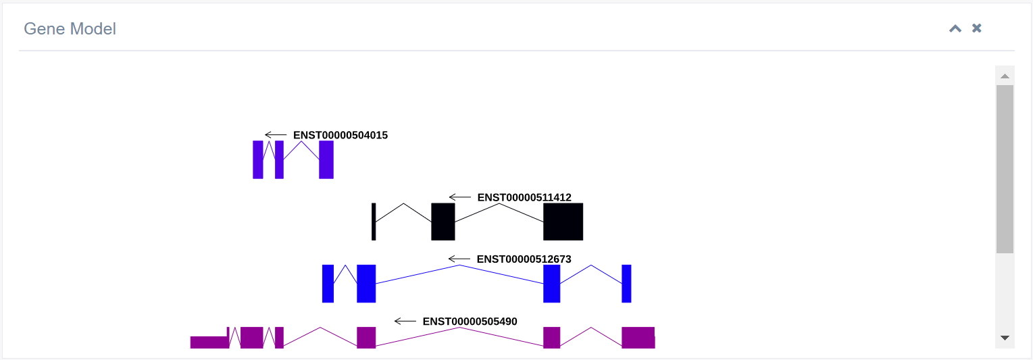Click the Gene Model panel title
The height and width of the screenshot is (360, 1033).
(x=70, y=29)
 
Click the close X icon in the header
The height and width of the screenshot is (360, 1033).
(x=976, y=28)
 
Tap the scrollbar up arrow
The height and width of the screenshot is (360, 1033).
(x=1005, y=76)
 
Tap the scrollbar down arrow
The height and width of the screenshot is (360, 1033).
(x=1005, y=338)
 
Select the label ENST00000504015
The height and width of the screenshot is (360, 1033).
(x=340, y=135)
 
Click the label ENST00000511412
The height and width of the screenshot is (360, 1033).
(x=524, y=197)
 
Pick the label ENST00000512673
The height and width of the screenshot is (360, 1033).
(x=524, y=259)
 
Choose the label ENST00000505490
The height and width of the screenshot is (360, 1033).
(x=470, y=322)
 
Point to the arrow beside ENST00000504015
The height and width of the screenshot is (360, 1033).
(x=276, y=135)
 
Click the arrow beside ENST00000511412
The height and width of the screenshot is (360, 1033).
(x=460, y=197)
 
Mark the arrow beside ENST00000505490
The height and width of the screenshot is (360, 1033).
(x=405, y=322)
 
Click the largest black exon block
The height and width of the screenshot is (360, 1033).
(x=563, y=222)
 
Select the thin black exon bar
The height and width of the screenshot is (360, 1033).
(x=374, y=222)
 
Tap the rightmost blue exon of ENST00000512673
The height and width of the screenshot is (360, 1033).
(x=626, y=284)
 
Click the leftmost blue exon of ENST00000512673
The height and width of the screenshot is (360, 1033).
(x=328, y=284)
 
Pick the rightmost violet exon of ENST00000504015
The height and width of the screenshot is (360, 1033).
(x=326, y=159)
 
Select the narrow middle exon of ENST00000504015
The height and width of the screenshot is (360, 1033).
(x=279, y=159)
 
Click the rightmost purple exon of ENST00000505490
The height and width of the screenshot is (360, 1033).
(x=638, y=337)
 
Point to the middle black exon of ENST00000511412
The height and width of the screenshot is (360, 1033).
(x=443, y=222)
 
